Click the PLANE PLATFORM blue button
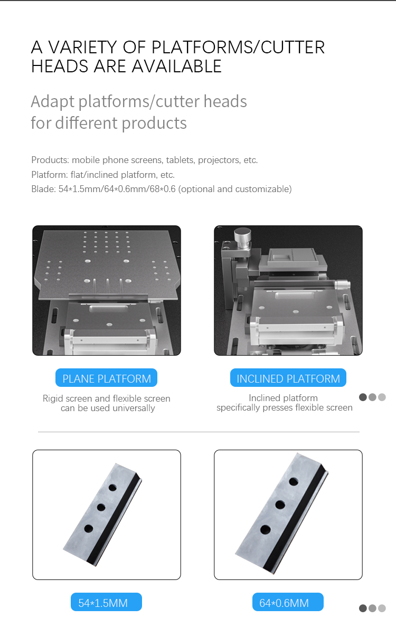[x=106, y=378]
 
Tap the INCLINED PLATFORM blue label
[x=288, y=378]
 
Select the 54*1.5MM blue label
[x=106, y=602]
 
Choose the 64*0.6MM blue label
[x=288, y=602]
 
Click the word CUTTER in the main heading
[x=293, y=47]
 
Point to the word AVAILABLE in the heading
[x=177, y=66]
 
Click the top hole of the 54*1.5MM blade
[x=112, y=488]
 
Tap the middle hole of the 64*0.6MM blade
[x=280, y=505]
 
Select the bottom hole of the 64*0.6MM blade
[x=266, y=529]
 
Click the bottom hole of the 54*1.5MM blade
[x=89, y=529]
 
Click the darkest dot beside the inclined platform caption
[x=363, y=397]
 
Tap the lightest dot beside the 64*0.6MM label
[x=382, y=608]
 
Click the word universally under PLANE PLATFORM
[x=134, y=408]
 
